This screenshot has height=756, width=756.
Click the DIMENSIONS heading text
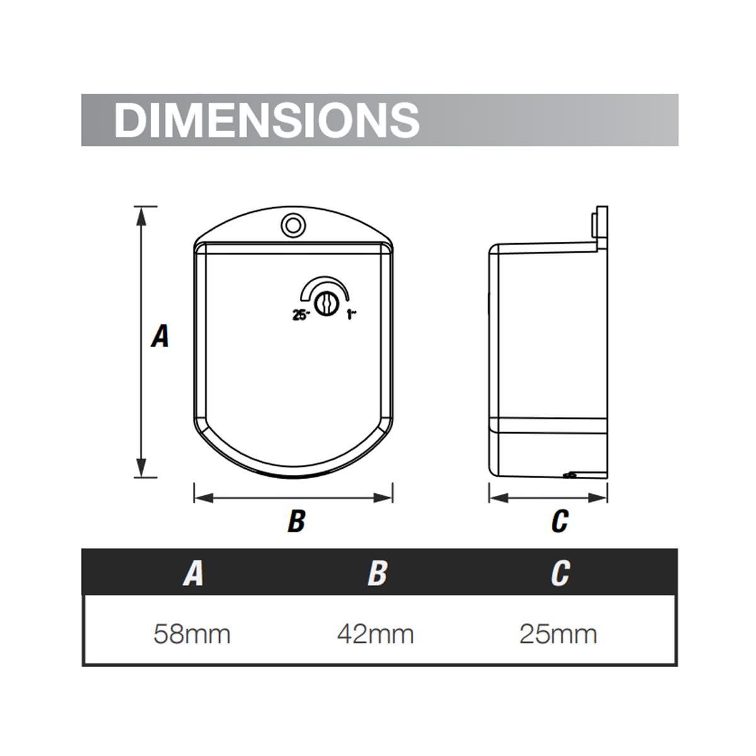266,119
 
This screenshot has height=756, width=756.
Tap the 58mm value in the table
192,633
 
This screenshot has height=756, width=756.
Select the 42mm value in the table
375,633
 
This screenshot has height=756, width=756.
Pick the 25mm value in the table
558,633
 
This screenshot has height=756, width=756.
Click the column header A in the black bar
193,573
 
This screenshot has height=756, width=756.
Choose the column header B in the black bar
377,573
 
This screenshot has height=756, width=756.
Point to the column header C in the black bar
559,573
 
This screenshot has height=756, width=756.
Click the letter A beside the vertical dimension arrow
161,336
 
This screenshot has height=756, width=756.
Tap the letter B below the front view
296,521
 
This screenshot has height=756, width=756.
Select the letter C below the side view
559,521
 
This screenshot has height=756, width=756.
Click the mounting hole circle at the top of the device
292,224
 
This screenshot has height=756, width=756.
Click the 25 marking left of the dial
301,316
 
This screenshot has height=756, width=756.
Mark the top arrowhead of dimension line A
142,214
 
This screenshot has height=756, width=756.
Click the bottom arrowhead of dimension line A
142,469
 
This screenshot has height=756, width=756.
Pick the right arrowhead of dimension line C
600,498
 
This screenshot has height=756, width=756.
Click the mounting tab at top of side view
600,227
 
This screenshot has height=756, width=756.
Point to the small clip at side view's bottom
570,474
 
